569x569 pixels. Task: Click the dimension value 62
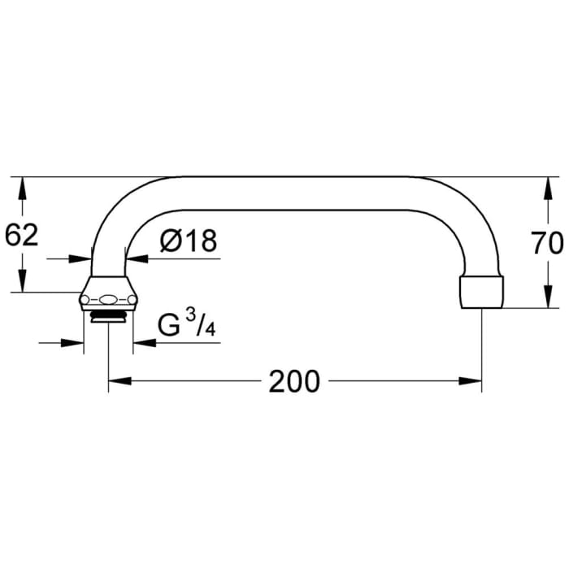[x=22, y=236]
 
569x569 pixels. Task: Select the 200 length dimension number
[x=294, y=380]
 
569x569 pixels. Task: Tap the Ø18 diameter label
[x=189, y=241]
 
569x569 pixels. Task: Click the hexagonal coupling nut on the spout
[x=108, y=298]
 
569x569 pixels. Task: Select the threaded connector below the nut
[x=108, y=316]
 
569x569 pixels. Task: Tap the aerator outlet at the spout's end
[x=482, y=293]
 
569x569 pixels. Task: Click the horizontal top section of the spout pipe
[x=293, y=193]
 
